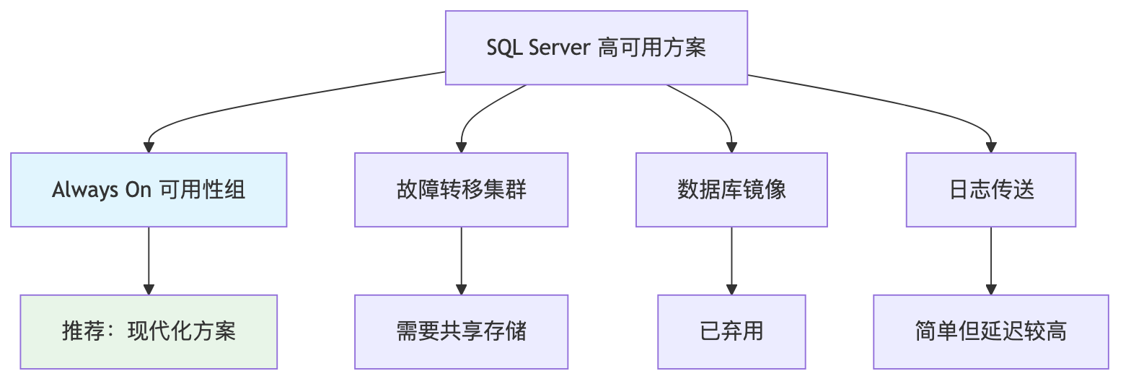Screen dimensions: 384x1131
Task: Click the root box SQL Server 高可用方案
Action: [x=596, y=48]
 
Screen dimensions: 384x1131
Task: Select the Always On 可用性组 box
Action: [x=149, y=190]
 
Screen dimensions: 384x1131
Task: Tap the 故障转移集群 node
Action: [x=461, y=190]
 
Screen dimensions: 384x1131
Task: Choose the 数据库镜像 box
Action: [x=731, y=190]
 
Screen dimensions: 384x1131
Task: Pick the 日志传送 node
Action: [x=991, y=190]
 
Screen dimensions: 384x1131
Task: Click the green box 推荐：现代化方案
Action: [x=149, y=332]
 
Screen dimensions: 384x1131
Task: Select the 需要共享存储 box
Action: [x=461, y=332]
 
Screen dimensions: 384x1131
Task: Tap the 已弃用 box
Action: [x=731, y=332]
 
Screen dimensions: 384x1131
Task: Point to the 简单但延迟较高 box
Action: [x=991, y=332]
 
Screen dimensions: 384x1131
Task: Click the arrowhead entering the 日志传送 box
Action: [x=991, y=147]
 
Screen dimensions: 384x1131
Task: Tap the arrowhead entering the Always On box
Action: [x=149, y=147]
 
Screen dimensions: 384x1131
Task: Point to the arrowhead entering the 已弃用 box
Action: [x=731, y=289]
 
